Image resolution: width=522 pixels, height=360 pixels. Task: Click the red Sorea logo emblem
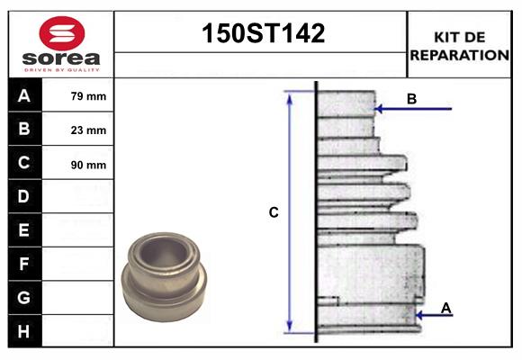(59, 34)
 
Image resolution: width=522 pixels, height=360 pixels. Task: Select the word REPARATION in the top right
(459, 54)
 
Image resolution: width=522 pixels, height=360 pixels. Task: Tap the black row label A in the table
(24, 95)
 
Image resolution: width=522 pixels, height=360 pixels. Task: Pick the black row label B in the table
(24, 130)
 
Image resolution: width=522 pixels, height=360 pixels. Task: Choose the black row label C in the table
(24, 163)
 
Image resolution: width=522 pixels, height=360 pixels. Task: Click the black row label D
(24, 196)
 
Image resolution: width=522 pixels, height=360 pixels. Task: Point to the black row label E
(24, 230)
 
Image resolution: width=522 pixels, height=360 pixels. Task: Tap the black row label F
(24, 264)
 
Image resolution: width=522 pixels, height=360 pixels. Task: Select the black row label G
(24, 297)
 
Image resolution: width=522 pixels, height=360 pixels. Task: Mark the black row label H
(24, 331)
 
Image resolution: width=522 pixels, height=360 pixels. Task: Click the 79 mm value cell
(88, 96)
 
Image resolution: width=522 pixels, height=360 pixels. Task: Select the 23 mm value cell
(88, 130)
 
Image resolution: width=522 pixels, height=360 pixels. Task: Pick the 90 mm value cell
(88, 165)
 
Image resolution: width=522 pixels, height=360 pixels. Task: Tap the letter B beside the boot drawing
(411, 99)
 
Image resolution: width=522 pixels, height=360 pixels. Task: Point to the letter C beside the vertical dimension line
(274, 213)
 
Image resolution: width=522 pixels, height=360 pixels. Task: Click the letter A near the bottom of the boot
(446, 309)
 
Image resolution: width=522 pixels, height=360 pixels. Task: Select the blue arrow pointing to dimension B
(413, 110)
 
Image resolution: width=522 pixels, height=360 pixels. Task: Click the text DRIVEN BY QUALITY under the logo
(60, 68)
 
